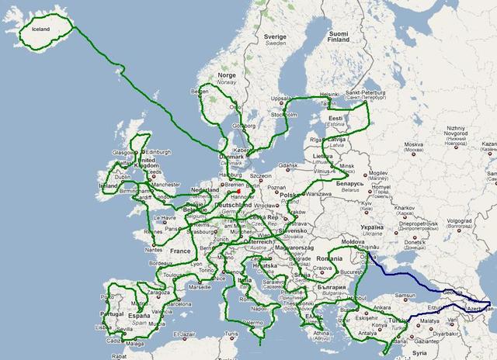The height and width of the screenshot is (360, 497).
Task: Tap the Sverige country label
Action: pyautogui.click(x=274, y=40)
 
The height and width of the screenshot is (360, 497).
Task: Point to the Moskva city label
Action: pyautogui.click(x=412, y=144)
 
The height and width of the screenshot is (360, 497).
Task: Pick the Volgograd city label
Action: pyautogui.click(x=463, y=220)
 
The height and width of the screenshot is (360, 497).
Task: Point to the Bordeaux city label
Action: pyautogui.click(x=159, y=263)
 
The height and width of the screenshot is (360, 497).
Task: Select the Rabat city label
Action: pyautogui.click(x=119, y=356)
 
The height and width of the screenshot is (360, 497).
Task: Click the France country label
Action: pyautogui.click(x=180, y=251)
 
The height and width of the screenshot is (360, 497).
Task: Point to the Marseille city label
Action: pyautogui.click(x=199, y=286)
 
